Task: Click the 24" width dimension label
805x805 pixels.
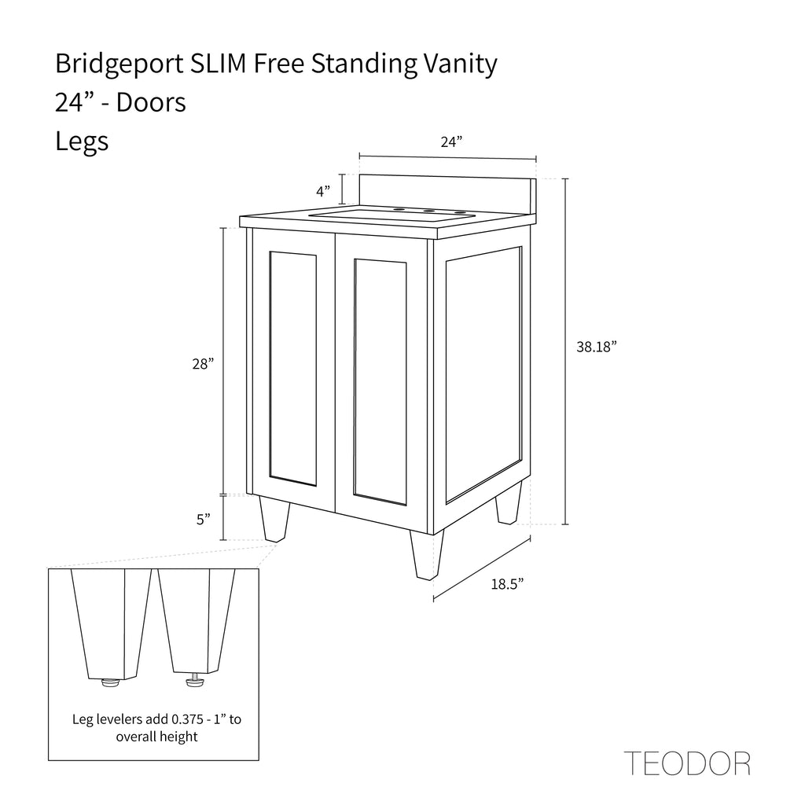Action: click(451, 142)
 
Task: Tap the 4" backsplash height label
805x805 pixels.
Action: click(323, 192)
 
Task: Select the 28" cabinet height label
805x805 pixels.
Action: click(203, 364)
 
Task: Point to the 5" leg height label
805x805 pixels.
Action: click(204, 520)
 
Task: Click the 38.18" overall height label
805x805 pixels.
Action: click(596, 347)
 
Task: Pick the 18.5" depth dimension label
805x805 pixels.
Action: click(507, 584)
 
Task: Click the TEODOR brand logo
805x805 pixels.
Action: click(687, 763)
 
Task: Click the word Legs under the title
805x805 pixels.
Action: click(82, 142)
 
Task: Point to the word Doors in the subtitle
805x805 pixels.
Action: click(151, 102)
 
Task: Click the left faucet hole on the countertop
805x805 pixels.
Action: click(397, 209)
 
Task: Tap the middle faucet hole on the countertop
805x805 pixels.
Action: click(428, 211)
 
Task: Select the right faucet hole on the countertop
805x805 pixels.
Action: click(459, 212)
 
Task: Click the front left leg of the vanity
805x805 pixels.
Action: click(274, 519)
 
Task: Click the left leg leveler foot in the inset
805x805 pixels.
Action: click(111, 682)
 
